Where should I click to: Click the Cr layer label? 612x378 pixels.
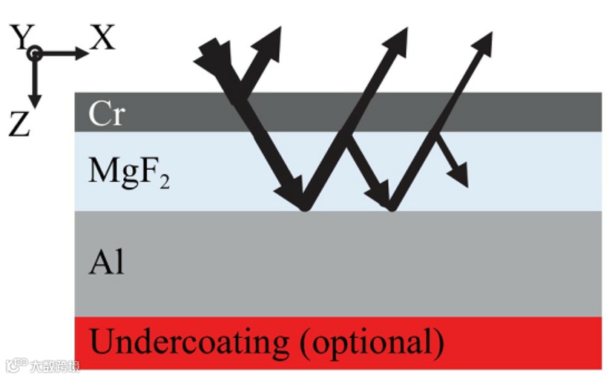(106, 114)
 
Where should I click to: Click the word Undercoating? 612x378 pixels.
(188, 342)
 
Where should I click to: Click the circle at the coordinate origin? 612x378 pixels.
(35, 53)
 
